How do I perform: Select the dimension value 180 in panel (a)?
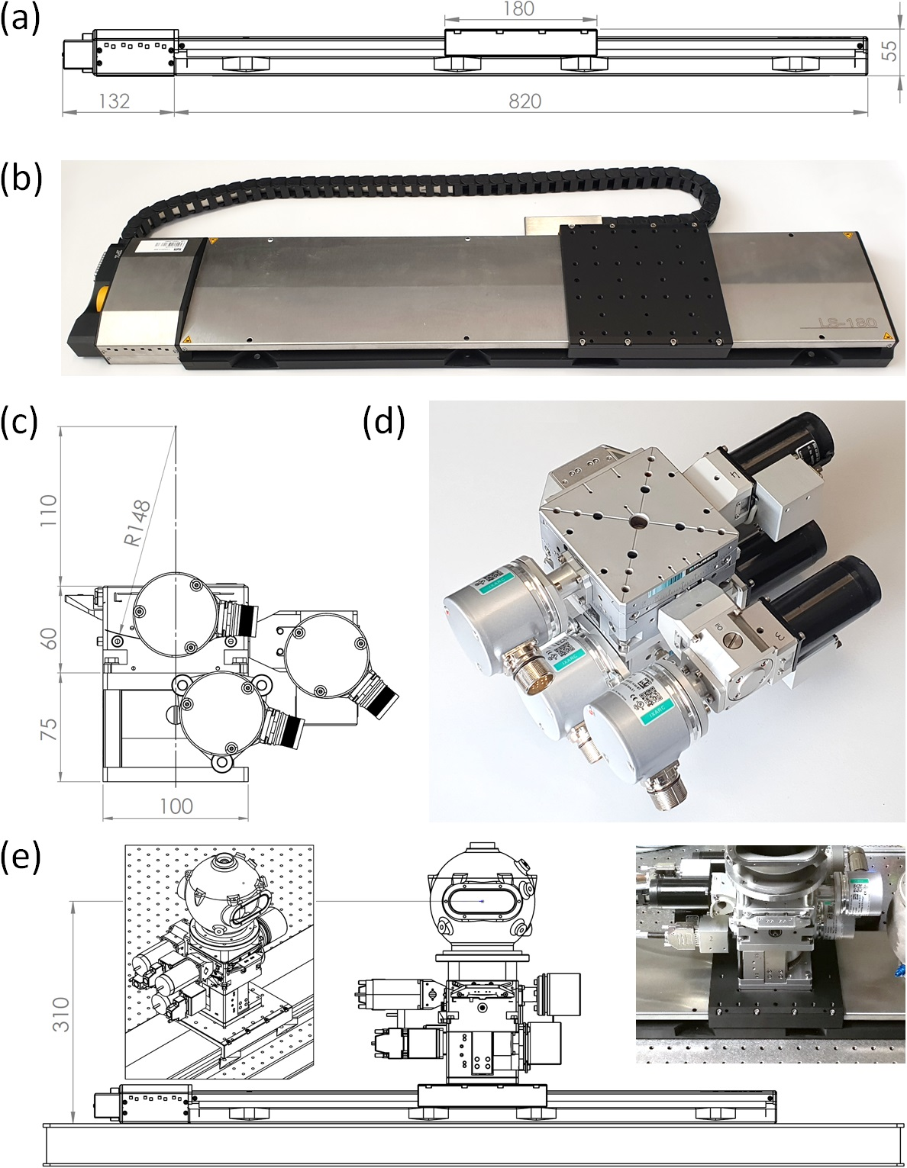click(x=519, y=9)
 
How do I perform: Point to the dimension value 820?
click(x=525, y=101)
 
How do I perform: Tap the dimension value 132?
click(x=114, y=101)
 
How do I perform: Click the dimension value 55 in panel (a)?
click(x=889, y=51)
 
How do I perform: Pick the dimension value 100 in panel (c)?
click(x=176, y=806)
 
